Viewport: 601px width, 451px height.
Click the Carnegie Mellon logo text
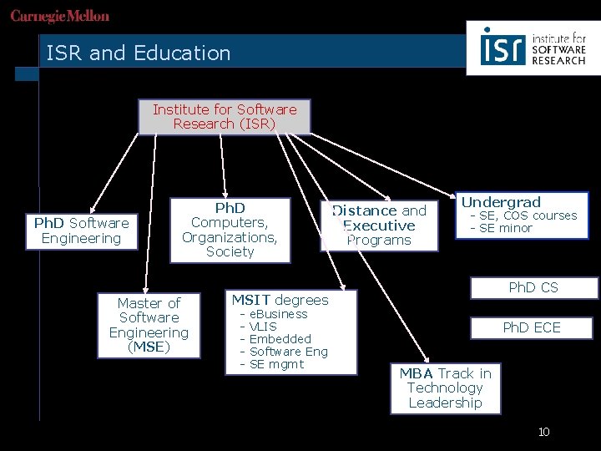pos(60,17)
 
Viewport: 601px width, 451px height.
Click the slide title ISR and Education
pos(139,53)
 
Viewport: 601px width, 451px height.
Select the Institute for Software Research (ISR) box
pos(225,117)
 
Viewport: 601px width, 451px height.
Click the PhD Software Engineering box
pos(81,231)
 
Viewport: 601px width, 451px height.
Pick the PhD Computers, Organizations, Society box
pos(230,230)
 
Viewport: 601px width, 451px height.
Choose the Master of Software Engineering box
pos(149,325)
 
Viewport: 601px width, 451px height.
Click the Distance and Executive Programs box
pos(380,225)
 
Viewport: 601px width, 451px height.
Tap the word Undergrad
pos(501,202)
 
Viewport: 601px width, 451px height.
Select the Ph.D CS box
pos(533,288)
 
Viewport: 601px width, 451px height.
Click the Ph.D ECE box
pos(532,327)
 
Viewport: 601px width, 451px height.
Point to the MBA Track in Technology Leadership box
pos(445,388)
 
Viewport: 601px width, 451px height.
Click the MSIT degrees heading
pos(280,300)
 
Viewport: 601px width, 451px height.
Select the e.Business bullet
pos(278,314)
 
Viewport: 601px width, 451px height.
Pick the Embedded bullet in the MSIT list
pos(280,339)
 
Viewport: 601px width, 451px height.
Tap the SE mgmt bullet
pos(276,364)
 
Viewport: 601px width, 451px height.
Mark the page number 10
pos(544,432)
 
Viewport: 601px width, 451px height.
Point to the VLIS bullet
pos(264,327)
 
